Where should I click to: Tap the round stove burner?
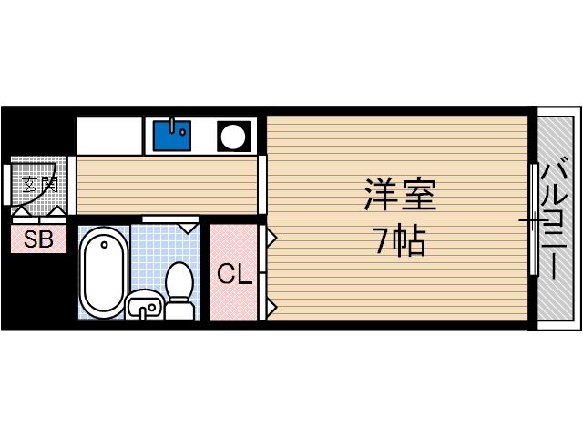tap(232, 137)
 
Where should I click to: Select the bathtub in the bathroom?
tap(102, 272)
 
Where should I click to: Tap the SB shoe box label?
tap(38, 240)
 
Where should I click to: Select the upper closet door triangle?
tap(271, 239)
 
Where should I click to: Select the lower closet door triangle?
tap(271, 305)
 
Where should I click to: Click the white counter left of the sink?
tap(109, 135)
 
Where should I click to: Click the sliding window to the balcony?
tap(532, 218)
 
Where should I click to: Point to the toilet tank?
tap(180, 310)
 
